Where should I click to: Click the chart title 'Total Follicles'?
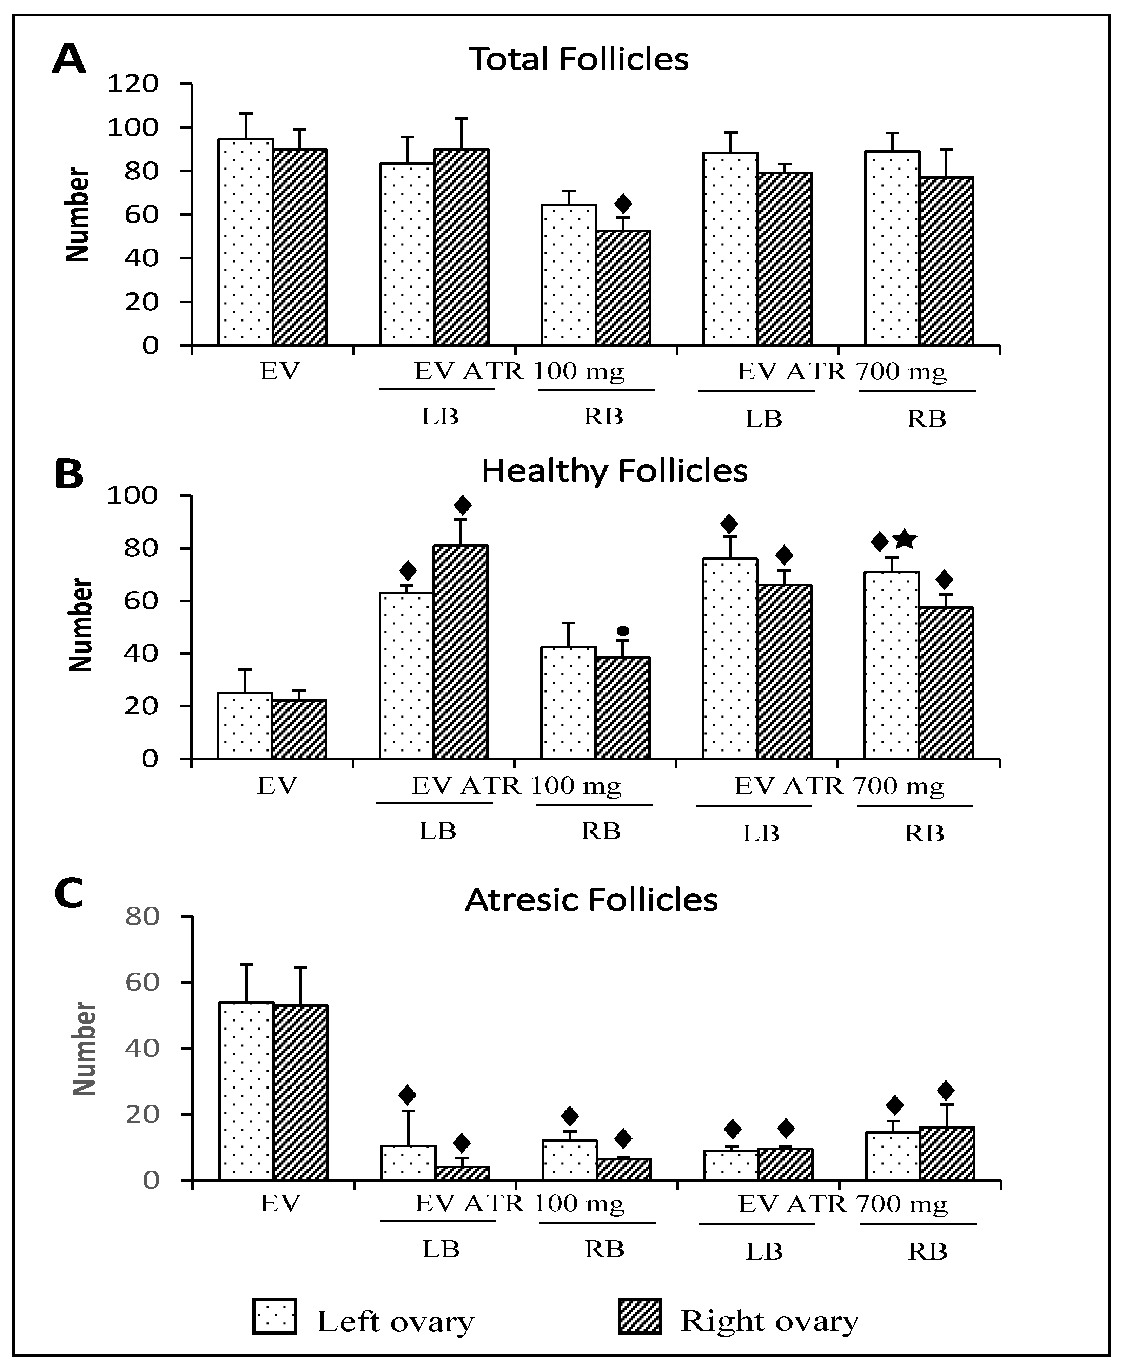(x=579, y=59)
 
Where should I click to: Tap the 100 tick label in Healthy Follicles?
(x=132, y=496)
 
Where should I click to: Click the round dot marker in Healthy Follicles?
(x=623, y=630)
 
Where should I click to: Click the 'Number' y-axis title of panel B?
(x=82, y=625)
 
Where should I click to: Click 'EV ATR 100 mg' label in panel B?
(x=516, y=786)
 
